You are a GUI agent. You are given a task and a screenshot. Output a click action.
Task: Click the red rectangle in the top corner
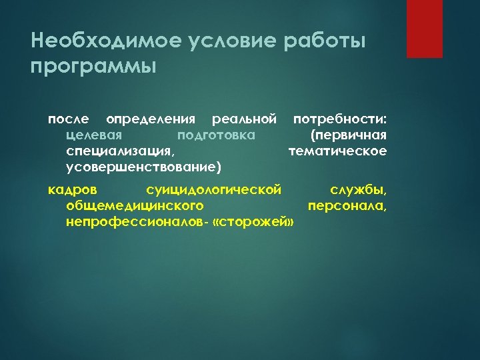424,29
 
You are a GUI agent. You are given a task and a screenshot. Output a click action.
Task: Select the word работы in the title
326,41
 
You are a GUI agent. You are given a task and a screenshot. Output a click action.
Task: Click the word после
68,119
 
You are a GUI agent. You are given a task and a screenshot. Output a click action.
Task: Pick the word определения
151,119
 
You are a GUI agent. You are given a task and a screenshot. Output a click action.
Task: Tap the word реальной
243,119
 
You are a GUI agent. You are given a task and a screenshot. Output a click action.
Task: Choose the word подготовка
215,135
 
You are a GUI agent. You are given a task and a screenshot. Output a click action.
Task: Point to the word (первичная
349,135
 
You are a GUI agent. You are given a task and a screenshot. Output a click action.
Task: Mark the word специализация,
121,151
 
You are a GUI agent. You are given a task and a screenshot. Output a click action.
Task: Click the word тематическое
337,151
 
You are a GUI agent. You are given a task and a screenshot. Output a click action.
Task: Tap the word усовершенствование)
144,167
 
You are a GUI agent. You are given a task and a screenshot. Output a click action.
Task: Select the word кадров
68,191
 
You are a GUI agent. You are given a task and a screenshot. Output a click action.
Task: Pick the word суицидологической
213,191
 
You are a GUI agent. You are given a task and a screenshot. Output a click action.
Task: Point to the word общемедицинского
135,206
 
